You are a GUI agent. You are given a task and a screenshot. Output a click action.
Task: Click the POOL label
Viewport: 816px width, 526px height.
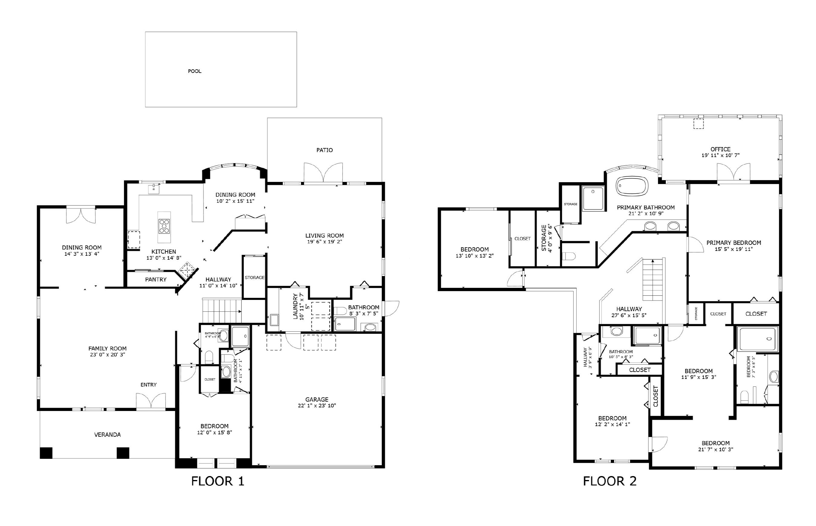[x=195, y=71]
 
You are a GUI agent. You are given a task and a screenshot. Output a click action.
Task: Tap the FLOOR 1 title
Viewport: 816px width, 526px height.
[x=218, y=481]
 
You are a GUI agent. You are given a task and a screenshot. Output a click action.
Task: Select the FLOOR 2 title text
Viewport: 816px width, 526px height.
[x=609, y=481]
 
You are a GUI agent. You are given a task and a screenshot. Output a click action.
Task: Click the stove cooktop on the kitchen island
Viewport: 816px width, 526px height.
[x=164, y=226]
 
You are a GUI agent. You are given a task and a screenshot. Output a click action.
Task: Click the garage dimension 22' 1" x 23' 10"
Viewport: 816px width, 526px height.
[x=317, y=406]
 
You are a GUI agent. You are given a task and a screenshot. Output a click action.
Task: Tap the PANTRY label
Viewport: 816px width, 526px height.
[x=156, y=279]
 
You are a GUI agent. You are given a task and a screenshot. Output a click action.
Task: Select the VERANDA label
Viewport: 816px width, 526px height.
[x=107, y=435]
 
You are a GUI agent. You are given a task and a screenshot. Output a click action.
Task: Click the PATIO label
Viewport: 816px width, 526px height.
[x=324, y=150]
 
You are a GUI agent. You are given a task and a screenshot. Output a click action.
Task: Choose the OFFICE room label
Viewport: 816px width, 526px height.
[x=720, y=149]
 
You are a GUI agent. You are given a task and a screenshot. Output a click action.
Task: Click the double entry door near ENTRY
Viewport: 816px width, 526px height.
[x=151, y=401]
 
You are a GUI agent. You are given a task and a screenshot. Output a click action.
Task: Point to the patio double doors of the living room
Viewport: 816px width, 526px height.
[x=323, y=173]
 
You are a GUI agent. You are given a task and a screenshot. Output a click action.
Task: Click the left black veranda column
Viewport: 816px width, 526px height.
[x=46, y=452]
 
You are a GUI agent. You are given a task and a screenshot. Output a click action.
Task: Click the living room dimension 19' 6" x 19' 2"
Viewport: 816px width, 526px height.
[x=324, y=242]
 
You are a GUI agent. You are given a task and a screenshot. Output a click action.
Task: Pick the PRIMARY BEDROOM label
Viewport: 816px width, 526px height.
[x=733, y=243]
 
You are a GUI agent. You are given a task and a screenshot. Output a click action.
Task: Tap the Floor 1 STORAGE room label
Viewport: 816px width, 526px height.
[x=254, y=277]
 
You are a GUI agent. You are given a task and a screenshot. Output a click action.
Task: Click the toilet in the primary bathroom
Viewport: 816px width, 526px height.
[x=569, y=256]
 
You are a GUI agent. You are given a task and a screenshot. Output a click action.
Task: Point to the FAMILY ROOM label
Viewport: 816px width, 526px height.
[x=107, y=348]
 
